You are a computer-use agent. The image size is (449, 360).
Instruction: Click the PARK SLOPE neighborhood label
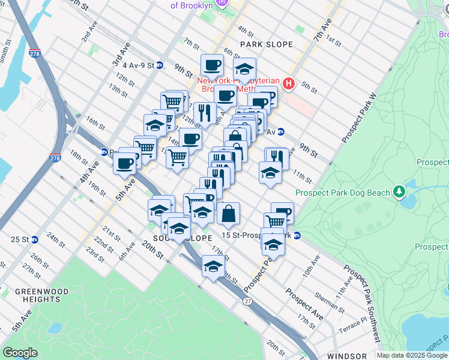tap(267, 44)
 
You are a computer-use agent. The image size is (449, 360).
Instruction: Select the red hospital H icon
tap(289, 83)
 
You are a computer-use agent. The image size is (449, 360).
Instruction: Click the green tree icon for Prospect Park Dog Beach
tap(399, 192)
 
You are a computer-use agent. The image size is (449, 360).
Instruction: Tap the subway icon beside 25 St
tap(35, 239)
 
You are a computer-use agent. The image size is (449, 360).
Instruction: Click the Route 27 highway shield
tap(247, 301)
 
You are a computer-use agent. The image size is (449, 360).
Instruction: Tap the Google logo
tap(20, 353)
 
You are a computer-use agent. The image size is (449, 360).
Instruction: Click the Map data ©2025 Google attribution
tap(412, 355)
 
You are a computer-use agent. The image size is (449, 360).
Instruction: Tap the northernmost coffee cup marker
tap(212, 65)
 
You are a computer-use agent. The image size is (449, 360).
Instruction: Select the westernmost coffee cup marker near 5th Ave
tap(125, 163)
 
